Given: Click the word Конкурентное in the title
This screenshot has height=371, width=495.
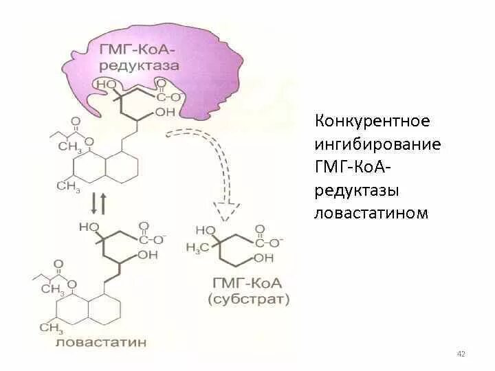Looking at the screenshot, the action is point(372,122).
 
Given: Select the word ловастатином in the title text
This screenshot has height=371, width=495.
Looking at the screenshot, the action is point(371,213).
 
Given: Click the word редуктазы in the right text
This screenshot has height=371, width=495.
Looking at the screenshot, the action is point(357,190).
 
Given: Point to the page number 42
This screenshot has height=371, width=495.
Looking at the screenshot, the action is point(461,354).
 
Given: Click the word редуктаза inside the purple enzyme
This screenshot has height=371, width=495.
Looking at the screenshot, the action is point(139,66).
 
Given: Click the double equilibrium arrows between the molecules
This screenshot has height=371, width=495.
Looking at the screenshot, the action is point(98,203).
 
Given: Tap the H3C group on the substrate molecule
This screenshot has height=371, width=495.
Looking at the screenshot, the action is point(198,247).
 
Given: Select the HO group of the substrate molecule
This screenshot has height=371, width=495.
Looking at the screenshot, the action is point(206,230).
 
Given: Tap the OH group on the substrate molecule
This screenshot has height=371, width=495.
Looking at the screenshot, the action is point(263,258).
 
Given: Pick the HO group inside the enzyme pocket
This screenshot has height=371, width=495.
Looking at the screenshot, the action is point(108,84).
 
